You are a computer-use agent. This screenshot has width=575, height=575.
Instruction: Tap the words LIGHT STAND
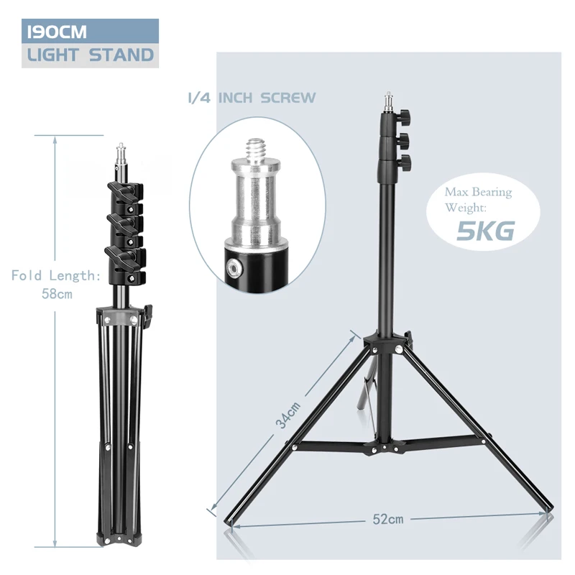pos(90,55)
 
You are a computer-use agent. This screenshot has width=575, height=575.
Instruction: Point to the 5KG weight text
pos(486,231)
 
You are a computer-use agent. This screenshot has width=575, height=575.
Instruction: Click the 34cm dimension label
pos(288,415)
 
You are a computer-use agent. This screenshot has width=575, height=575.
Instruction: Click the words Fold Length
pos(54,275)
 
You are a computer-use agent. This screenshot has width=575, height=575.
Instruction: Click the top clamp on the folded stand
pos(119,193)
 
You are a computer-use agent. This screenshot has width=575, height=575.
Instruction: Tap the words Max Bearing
pos(477,192)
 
